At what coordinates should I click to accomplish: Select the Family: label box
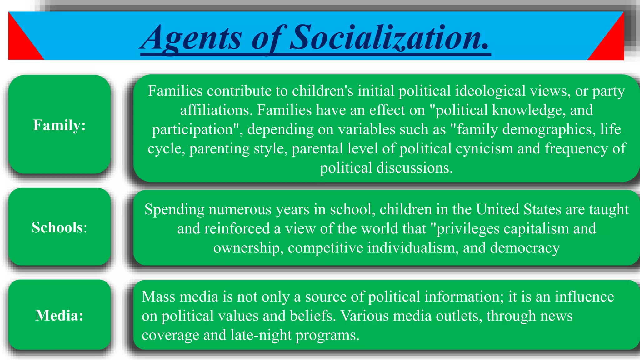tap(59, 125)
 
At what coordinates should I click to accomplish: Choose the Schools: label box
tap(59, 227)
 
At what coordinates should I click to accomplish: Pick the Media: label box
tap(59, 315)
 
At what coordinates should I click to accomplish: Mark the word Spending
tap(174, 210)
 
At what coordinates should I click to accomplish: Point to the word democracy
tap(525, 248)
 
